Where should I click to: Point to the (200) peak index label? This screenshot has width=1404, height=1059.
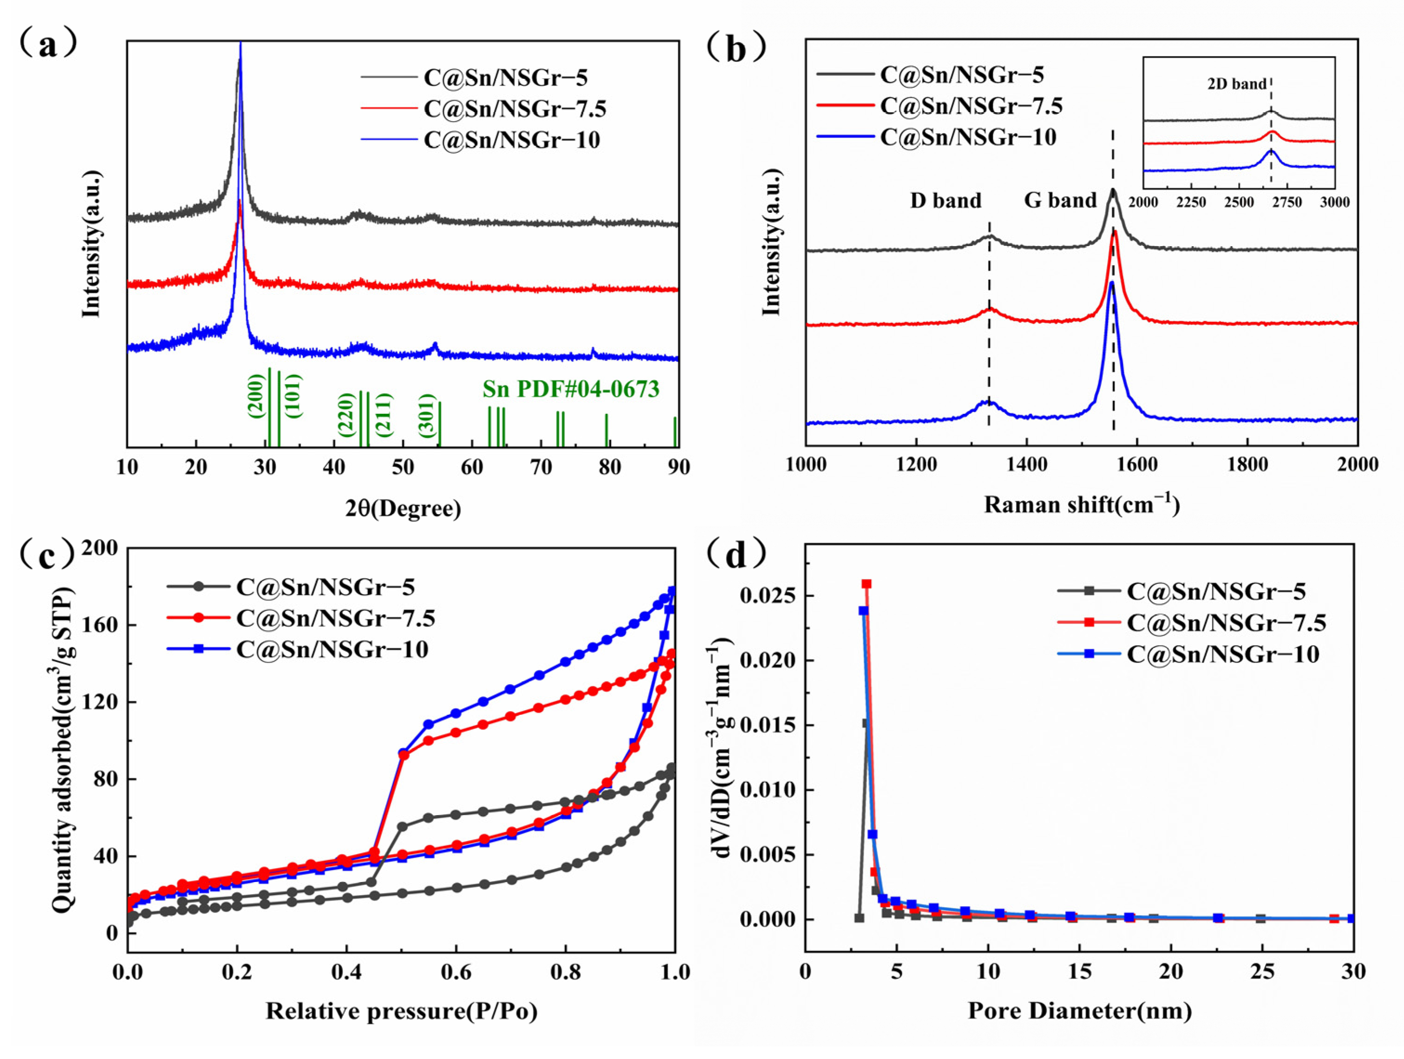[x=256, y=396]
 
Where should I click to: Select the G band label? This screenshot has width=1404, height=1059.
[x=1060, y=201]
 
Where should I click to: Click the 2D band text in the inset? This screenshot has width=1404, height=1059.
[x=1236, y=84]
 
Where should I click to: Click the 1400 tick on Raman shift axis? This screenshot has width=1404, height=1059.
[x=1026, y=464]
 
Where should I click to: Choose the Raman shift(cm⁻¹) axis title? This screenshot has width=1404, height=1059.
[x=1082, y=504]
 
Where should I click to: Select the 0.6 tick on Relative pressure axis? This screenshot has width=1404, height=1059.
[x=456, y=972]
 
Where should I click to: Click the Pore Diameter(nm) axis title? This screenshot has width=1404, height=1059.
[x=1079, y=1010]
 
